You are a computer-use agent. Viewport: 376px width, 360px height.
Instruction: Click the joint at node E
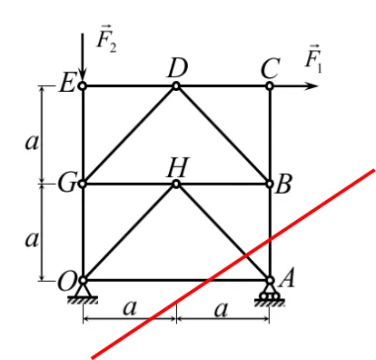pos(83,86)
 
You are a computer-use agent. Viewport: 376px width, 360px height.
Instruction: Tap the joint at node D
pos(176,86)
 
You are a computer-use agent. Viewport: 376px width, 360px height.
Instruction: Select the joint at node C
pos(270,86)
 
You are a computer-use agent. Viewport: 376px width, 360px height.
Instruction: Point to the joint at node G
pos(83,184)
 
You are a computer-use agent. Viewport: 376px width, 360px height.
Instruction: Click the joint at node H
pos(176,184)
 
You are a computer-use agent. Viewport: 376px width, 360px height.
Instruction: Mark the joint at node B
pos(270,184)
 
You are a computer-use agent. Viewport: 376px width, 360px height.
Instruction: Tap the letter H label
pos(176,165)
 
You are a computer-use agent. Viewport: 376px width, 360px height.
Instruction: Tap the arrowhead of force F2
pos(83,77)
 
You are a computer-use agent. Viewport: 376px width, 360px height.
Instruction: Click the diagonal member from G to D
pos(129,135)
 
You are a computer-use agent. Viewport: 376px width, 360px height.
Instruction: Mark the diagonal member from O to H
pos(129,232)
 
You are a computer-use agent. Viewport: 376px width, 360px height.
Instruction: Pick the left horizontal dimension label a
pos(129,309)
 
